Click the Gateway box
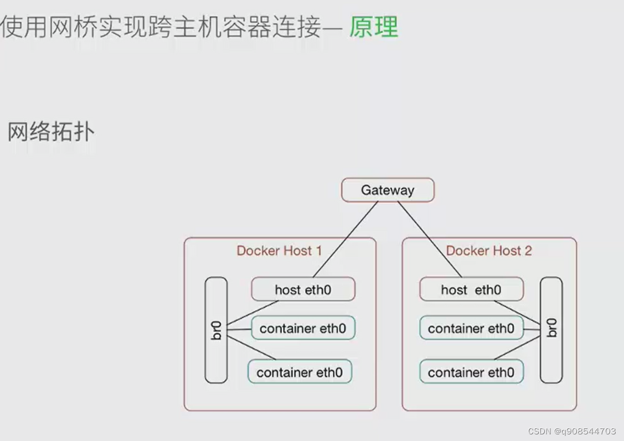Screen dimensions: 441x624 [388, 190]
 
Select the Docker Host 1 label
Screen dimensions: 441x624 [279, 251]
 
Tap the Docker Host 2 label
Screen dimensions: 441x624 [488, 251]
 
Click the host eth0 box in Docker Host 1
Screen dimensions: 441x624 [303, 289]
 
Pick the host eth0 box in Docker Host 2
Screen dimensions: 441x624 [471, 289]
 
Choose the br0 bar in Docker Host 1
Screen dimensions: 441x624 [216, 330]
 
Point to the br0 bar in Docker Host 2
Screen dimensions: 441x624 [551, 330]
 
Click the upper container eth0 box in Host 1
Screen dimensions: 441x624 [303, 329]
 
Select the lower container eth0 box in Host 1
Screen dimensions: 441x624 [300, 372]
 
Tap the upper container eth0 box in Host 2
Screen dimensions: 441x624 [471, 329]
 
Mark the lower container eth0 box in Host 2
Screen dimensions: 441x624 [471, 372]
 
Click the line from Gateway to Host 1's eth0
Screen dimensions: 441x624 [345, 239]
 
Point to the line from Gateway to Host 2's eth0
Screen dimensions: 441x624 [429, 239]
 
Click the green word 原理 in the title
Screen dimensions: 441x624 [373, 27]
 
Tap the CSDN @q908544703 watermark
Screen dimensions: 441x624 [572, 431]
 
